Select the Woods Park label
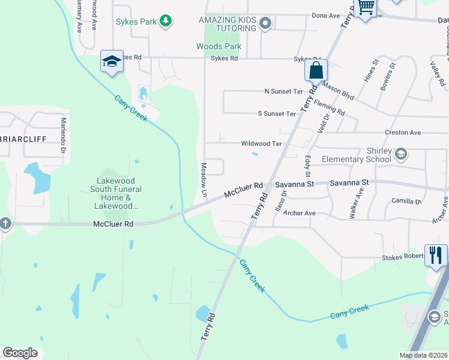pyautogui.click(x=218, y=46)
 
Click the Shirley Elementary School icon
pyautogui.click(x=401, y=155)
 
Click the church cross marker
pyautogui.click(x=5, y=224)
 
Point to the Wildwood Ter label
pyautogui.click(x=261, y=144)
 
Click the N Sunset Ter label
pyautogui.click(x=284, y=92)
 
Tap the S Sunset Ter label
pyautogui.click(x=277, y=113)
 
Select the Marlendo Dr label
pyautogui.click(x=62, y=136)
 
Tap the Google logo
pyautogui.click(x=20, y=353)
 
